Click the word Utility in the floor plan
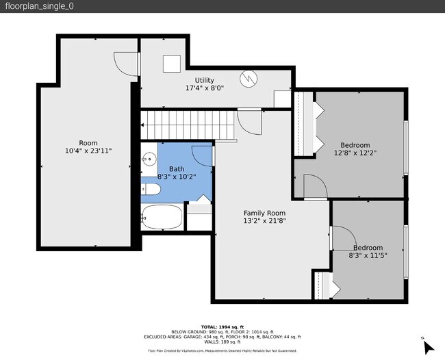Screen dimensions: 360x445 (205, 80)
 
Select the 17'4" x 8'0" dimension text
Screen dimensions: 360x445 (205, 88)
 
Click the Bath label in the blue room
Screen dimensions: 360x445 (177, 169)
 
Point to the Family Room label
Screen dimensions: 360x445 (264, 213)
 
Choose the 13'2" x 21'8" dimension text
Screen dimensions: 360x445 (264, 221)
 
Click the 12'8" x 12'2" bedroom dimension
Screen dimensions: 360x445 (355, 153)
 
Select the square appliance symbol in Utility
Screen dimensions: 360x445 (171, 63)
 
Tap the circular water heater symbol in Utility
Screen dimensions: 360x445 (251, 78)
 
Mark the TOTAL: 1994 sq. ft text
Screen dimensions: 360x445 (222, 326)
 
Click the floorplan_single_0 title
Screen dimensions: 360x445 (40, 6)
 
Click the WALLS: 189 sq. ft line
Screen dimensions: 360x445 (222, 342)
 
